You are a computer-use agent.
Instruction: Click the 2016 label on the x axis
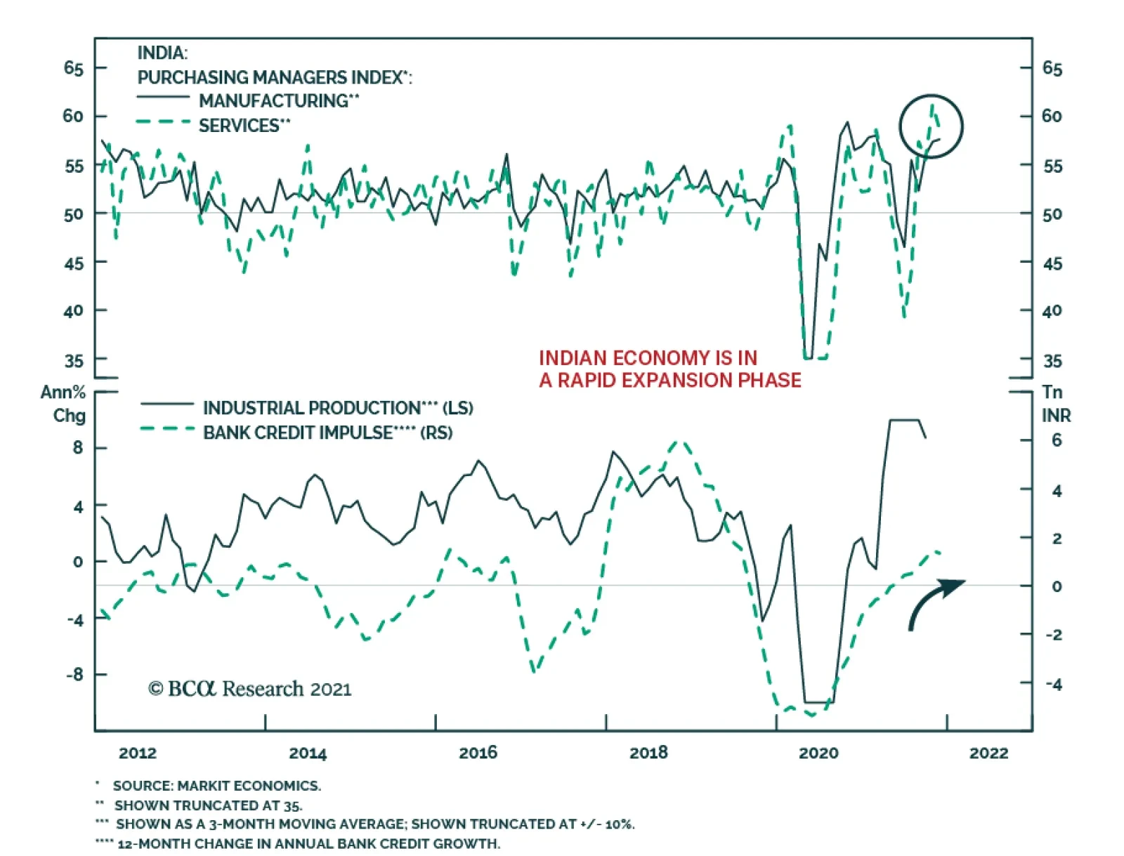[x=478, y=753]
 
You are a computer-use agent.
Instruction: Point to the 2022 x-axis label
[x=988, y=753]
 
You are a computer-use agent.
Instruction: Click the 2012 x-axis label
[x=138, y=753]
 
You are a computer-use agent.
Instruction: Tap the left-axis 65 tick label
[x=74, y=68]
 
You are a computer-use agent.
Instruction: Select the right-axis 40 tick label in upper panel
[x=1052, y=310]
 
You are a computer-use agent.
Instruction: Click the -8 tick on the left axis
[x=74, y=675]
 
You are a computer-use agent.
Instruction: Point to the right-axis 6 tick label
[x=1057, y=440]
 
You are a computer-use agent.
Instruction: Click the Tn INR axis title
[x=1056, y=404]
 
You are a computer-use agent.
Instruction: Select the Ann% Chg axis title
[x=65, y=404]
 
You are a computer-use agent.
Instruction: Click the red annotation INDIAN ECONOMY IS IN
[x=648, y=358]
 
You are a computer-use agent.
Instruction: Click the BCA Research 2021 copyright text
[x=250, y=689]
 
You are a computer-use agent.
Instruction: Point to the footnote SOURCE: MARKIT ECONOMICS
[x=216, y=786]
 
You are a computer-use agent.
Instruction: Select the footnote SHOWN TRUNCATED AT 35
[x=208, y=805]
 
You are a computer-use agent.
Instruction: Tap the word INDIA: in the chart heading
[x=162, y=53]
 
